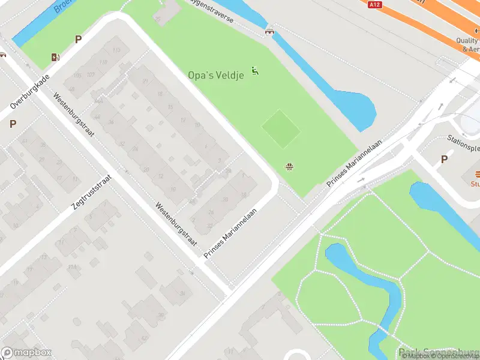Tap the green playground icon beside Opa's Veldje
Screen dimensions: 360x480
click(x=256, y=71)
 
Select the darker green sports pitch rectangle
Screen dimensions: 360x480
click(x=281, y=128)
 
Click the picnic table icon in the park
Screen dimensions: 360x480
click(x=290, y=166)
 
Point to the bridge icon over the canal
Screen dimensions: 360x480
click(x=270, y=31)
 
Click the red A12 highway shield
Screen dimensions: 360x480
click(x=375, y=4)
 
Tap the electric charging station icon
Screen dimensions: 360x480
click(x=56, y=58)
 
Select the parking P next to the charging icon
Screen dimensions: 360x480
click(x=78, y=39)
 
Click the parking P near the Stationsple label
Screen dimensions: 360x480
click(x=444, y=159)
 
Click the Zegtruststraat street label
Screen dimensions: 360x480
click(x=92, y=192)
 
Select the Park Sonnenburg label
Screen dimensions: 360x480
click(x=439, y=353)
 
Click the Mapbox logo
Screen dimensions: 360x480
click(x=26, y=353)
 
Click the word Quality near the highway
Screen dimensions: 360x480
click(x=467, y=41)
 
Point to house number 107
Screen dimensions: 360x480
click(x=90, y=74)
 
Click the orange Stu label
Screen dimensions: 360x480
click(x=475, y=184)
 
